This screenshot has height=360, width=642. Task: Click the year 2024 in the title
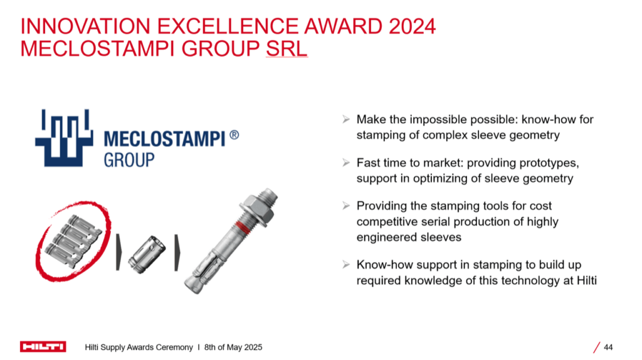pyautogui.click(x=412, y=26)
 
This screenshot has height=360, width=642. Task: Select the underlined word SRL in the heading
pyautogui.click(x=287, y=49)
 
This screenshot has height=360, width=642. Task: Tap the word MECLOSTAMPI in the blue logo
pyautogui.click(x=165, y=139)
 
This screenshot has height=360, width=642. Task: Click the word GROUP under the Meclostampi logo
pyautogui.click(x=129, y=160)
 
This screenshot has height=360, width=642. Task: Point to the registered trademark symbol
pyautogui.click(x=234, y=135)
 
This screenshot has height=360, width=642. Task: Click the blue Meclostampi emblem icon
pyautogui.click(x=64, y=137)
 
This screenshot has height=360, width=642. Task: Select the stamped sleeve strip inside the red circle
pyautogui.click(x=73, y=241)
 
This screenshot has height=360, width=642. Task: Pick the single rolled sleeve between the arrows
pyautogui.click(x=147, y=255)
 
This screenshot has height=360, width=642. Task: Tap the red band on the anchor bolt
pyautogui.click(x=244, y=228)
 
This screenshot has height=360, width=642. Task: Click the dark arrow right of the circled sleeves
pyautogui.click(x=118, y=252)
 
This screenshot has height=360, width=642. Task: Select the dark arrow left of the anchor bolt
pyautogui.click(x=177, y=253)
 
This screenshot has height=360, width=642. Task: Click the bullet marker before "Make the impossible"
pyautogui.click(x=346, y=119)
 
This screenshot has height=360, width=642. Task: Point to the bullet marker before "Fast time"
pyautogui.click(x=346, y=162)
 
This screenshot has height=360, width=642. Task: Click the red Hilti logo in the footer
pyautogui.click(x=43, y=347)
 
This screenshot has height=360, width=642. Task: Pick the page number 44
pyautogui.click(x=608, y=347)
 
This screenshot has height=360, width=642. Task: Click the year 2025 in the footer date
pyautogui.click(x=253, y=347)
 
